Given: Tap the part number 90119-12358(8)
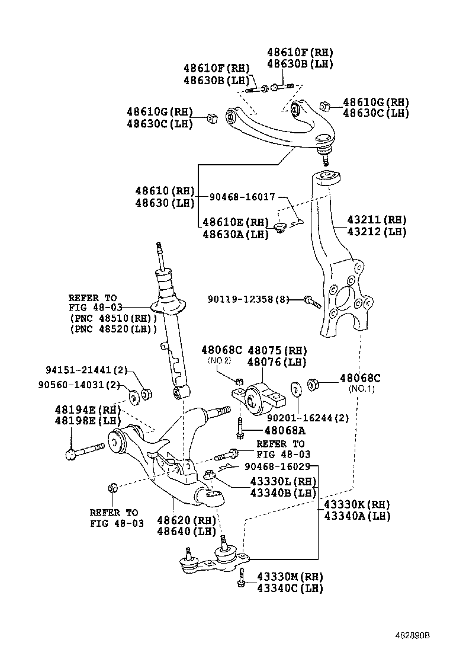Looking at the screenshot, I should coord(248,300).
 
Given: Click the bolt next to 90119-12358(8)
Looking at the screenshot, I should coord(311,302).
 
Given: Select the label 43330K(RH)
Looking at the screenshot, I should coord(357,505).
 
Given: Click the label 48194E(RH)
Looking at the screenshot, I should coord(87,410).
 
